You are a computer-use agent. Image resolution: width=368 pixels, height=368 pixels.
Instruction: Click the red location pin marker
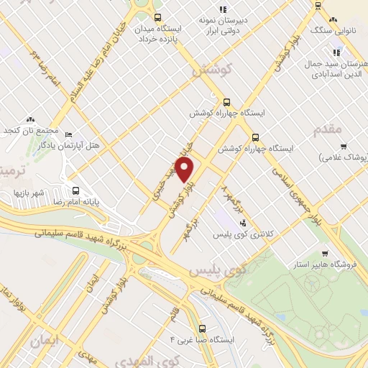coord(185,170)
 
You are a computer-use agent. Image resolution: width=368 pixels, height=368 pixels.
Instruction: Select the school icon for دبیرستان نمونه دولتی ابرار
coord(222,9)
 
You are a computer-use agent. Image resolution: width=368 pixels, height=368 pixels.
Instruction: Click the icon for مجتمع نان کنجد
coord(31,119)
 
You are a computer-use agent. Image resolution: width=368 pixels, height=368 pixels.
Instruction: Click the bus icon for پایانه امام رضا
coord(77,190)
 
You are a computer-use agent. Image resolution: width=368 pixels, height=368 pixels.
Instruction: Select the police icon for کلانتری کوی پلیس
coord(244,223)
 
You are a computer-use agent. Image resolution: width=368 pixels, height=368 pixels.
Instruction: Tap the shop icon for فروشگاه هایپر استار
coord(325,253)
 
